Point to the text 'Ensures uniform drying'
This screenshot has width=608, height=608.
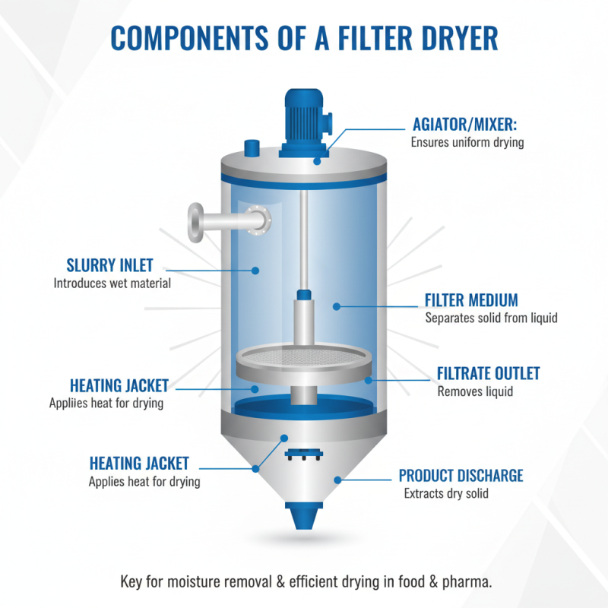tap(467, 142)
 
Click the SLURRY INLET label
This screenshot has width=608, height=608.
tap(109, 266)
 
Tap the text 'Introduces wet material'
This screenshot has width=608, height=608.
tap(112, 283)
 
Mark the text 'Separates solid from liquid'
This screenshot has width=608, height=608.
tap(491, 318)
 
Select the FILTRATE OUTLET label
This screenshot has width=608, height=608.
tap(488, 374)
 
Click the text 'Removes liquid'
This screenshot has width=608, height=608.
tap(475, 392)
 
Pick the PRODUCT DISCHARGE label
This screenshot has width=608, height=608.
tap(461, 476)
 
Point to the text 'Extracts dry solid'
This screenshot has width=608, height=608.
tap(445, 494)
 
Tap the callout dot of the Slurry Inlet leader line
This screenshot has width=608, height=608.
tap(257, 269)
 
